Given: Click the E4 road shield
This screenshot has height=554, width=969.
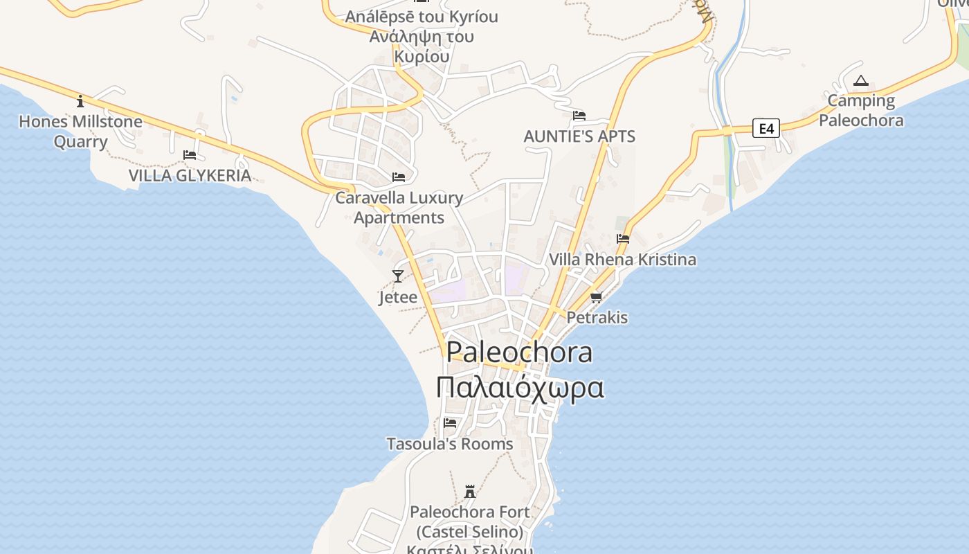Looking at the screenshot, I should (766, 128).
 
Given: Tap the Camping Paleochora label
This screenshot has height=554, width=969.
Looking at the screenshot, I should (861, 111).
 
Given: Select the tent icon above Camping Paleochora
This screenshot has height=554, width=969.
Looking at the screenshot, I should (860, 81).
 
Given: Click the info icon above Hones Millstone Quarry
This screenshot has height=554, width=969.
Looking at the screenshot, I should (80, 102).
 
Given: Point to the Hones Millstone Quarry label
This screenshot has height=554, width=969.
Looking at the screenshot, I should (80, 132).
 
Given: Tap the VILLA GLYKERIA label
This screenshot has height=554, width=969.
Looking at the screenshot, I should (190, 175).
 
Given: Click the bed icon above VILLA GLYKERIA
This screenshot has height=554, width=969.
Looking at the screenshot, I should (190, 155).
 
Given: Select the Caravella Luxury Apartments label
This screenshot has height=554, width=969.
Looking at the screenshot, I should (399, 207).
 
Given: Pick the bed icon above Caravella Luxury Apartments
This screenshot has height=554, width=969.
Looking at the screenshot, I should (399, 177).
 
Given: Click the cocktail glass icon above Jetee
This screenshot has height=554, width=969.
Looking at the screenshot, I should (398, 276).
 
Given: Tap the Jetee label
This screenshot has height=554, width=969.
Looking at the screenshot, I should (398, 297).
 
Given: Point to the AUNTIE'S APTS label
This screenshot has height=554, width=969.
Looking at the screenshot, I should (579, 136).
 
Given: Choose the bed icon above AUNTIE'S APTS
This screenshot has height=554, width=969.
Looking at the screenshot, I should (579, 116).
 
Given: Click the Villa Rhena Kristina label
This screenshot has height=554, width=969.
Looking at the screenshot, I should (622, 260).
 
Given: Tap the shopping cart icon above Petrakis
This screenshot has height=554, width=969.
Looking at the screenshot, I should (596, 297).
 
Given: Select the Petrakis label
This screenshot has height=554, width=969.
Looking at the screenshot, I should (597, 318).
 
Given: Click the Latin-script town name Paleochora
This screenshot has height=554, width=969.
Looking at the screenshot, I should (519, 352).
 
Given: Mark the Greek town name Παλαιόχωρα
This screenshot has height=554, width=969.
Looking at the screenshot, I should (520, 388).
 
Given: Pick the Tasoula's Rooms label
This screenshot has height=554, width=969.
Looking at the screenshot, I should (450, 444).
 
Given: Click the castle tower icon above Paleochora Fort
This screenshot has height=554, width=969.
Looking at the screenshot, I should (470, 492).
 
